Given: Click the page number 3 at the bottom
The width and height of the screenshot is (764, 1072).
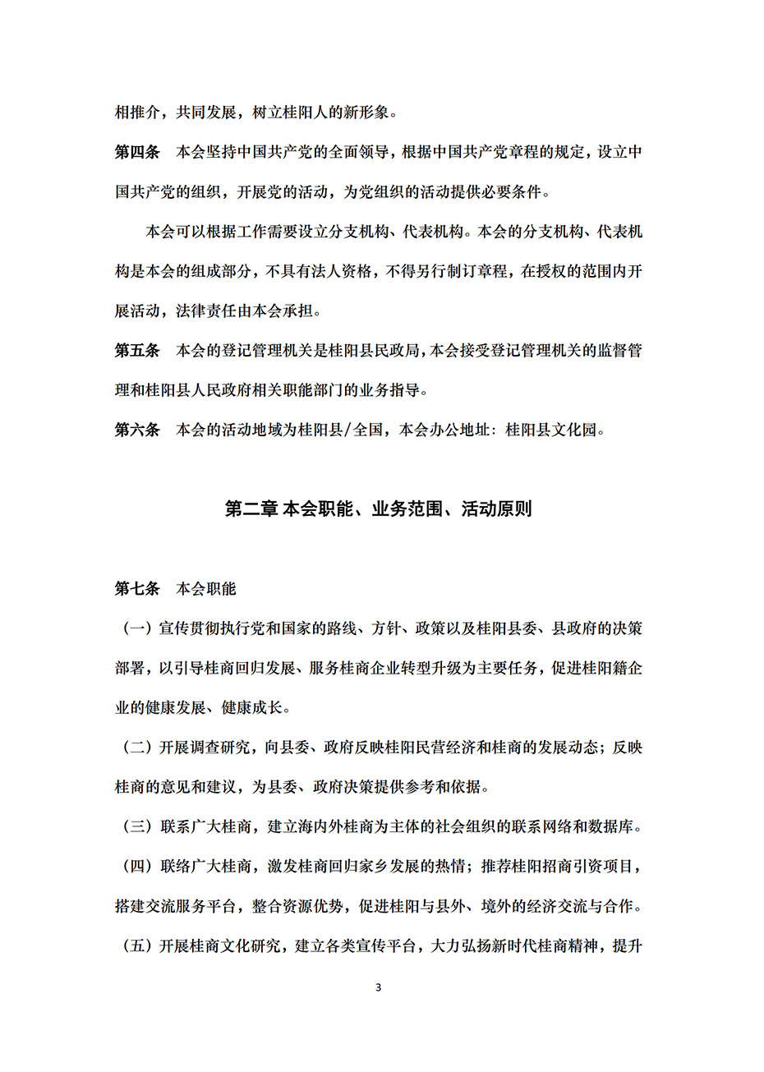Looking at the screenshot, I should point(378,987).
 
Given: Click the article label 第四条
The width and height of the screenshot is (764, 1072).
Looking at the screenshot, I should point(137,153).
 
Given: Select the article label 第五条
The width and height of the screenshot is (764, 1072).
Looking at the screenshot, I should point(137,351).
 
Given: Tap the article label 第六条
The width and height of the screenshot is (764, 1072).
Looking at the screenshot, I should point(137,430).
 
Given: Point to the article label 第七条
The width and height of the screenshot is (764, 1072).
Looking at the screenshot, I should point(137,589).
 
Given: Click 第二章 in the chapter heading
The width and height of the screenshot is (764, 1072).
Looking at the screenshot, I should point(251,509).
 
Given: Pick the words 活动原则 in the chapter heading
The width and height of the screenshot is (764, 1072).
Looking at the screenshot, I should point(496,509).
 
